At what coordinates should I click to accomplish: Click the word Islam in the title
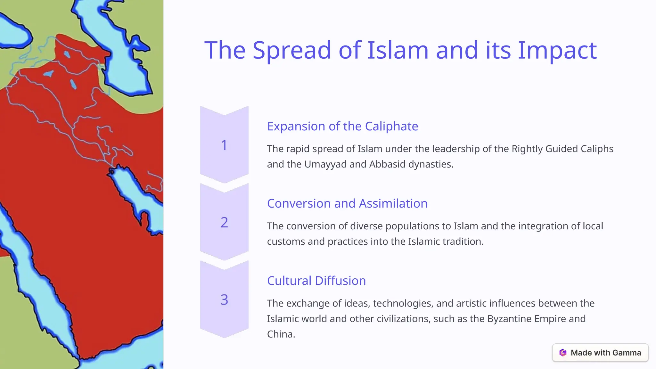coord(398,50)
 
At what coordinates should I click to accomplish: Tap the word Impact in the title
coord(557,50)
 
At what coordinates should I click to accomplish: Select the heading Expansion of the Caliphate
coord(342,126)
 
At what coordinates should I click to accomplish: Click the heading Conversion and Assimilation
coord(347,203)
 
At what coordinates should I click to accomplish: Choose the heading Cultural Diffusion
coord(316,281)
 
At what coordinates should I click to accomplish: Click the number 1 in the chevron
coord(224,145)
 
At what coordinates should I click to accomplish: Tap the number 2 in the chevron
coord(224,222)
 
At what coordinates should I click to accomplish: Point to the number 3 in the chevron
coord(224,299)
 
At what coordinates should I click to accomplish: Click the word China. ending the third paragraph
coord(281,334)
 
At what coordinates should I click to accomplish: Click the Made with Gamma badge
coord(600,353)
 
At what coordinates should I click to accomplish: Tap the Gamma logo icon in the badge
coord(563,353)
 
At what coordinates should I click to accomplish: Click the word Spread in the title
coord(291,50)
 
